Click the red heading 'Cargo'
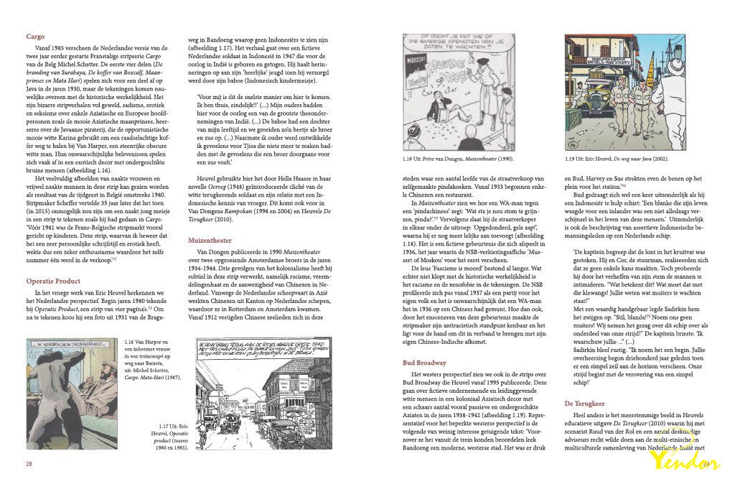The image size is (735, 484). pos(35,36)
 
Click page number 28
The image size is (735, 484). pos(29,464)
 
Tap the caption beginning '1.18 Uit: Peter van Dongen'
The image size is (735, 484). pos(459,159)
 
